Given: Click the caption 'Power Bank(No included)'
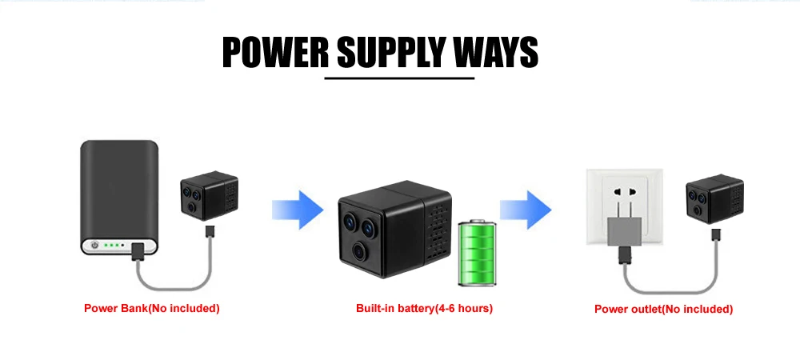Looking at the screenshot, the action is point(151,308).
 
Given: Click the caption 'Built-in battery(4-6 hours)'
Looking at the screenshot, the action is point(424,308).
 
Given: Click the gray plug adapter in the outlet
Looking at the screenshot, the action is point(625,231).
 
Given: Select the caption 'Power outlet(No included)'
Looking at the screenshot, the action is point(663,309).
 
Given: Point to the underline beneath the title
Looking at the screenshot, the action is point(399,78).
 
